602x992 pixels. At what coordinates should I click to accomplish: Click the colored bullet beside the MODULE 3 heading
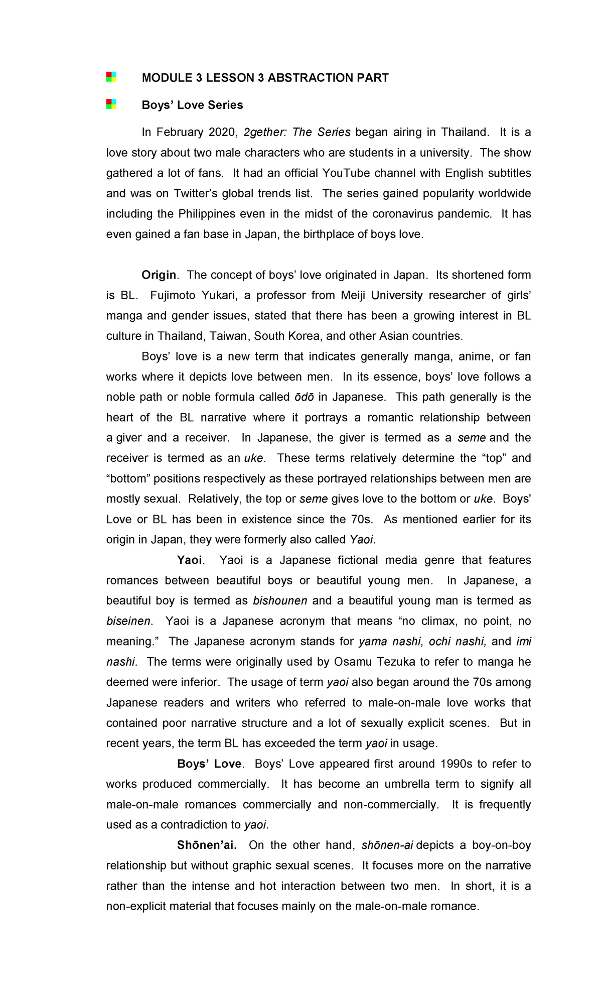111,77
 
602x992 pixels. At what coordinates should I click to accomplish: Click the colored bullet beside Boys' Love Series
111,104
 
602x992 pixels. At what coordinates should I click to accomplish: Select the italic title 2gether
263,133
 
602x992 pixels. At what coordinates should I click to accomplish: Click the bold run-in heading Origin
159,275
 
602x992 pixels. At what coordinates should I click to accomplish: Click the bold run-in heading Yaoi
190,560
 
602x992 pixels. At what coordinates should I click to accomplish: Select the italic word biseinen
128,622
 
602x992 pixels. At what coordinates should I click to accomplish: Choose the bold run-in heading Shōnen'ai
207,845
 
